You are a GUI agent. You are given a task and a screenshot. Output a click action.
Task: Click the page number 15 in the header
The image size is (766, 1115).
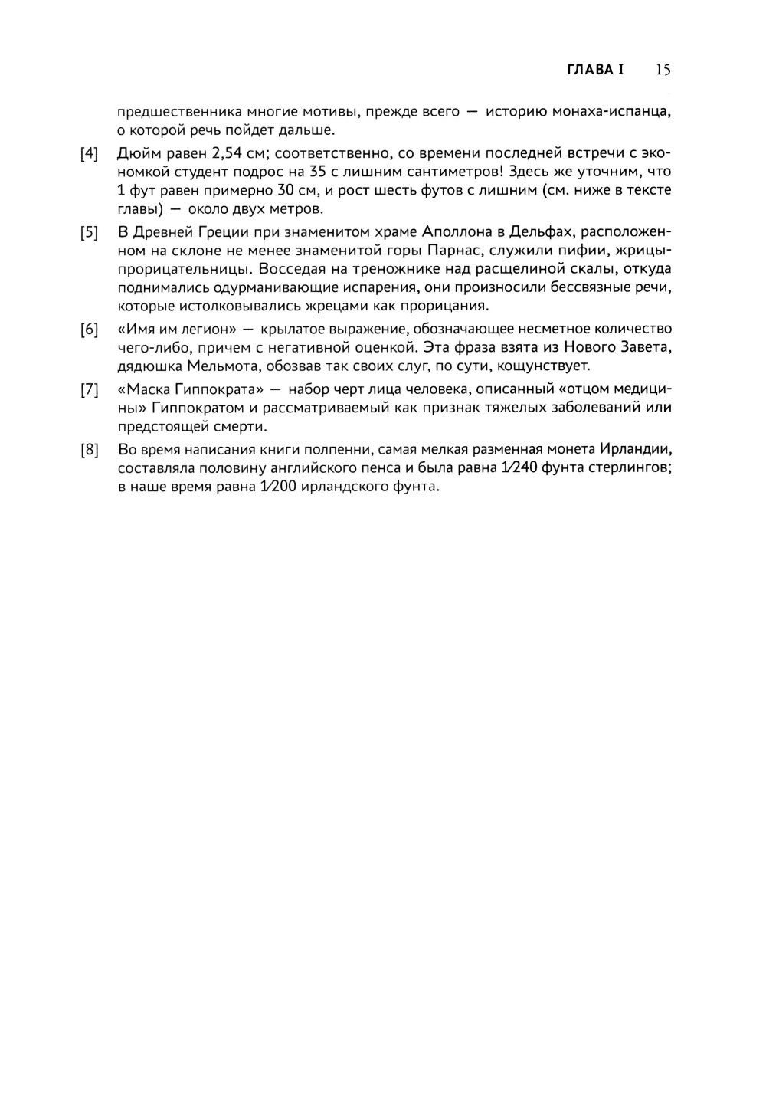pos(663,70)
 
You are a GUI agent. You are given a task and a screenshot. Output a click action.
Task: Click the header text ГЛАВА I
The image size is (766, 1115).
pos(595,70)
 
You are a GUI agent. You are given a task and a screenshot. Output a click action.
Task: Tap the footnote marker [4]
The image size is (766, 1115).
pos(90,153)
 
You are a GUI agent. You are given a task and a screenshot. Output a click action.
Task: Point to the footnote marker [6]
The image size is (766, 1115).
pos(90,330)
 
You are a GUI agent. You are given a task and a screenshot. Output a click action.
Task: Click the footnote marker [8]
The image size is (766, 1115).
pos(90,450)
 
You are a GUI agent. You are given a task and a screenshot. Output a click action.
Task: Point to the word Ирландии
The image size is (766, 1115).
pos(636,450)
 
